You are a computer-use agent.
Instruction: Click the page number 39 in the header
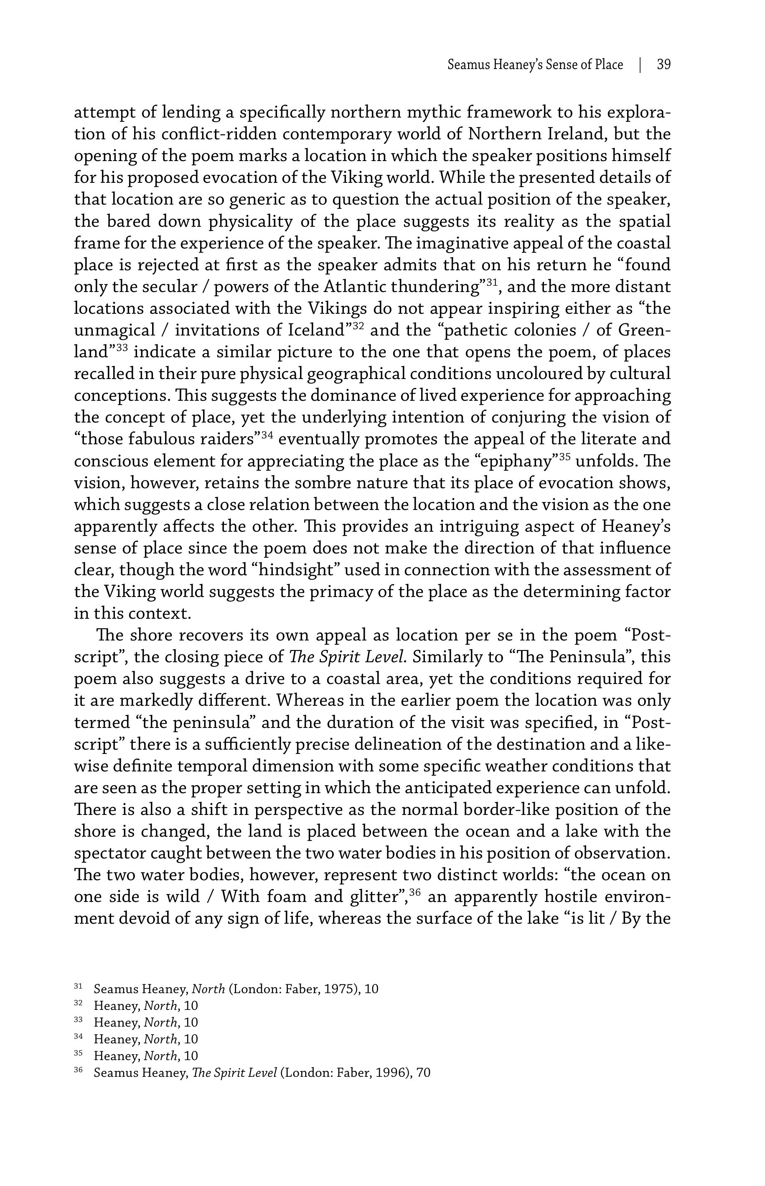(x=663, y=65)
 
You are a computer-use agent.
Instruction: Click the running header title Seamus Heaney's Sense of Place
(x=535, y=65)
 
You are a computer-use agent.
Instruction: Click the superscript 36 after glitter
(x=416, y=892)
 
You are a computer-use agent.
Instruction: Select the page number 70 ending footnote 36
(x=423, y=1073)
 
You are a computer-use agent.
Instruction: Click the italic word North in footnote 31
(x=208, y=989)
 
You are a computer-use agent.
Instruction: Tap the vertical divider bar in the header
(x=640, y=65)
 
